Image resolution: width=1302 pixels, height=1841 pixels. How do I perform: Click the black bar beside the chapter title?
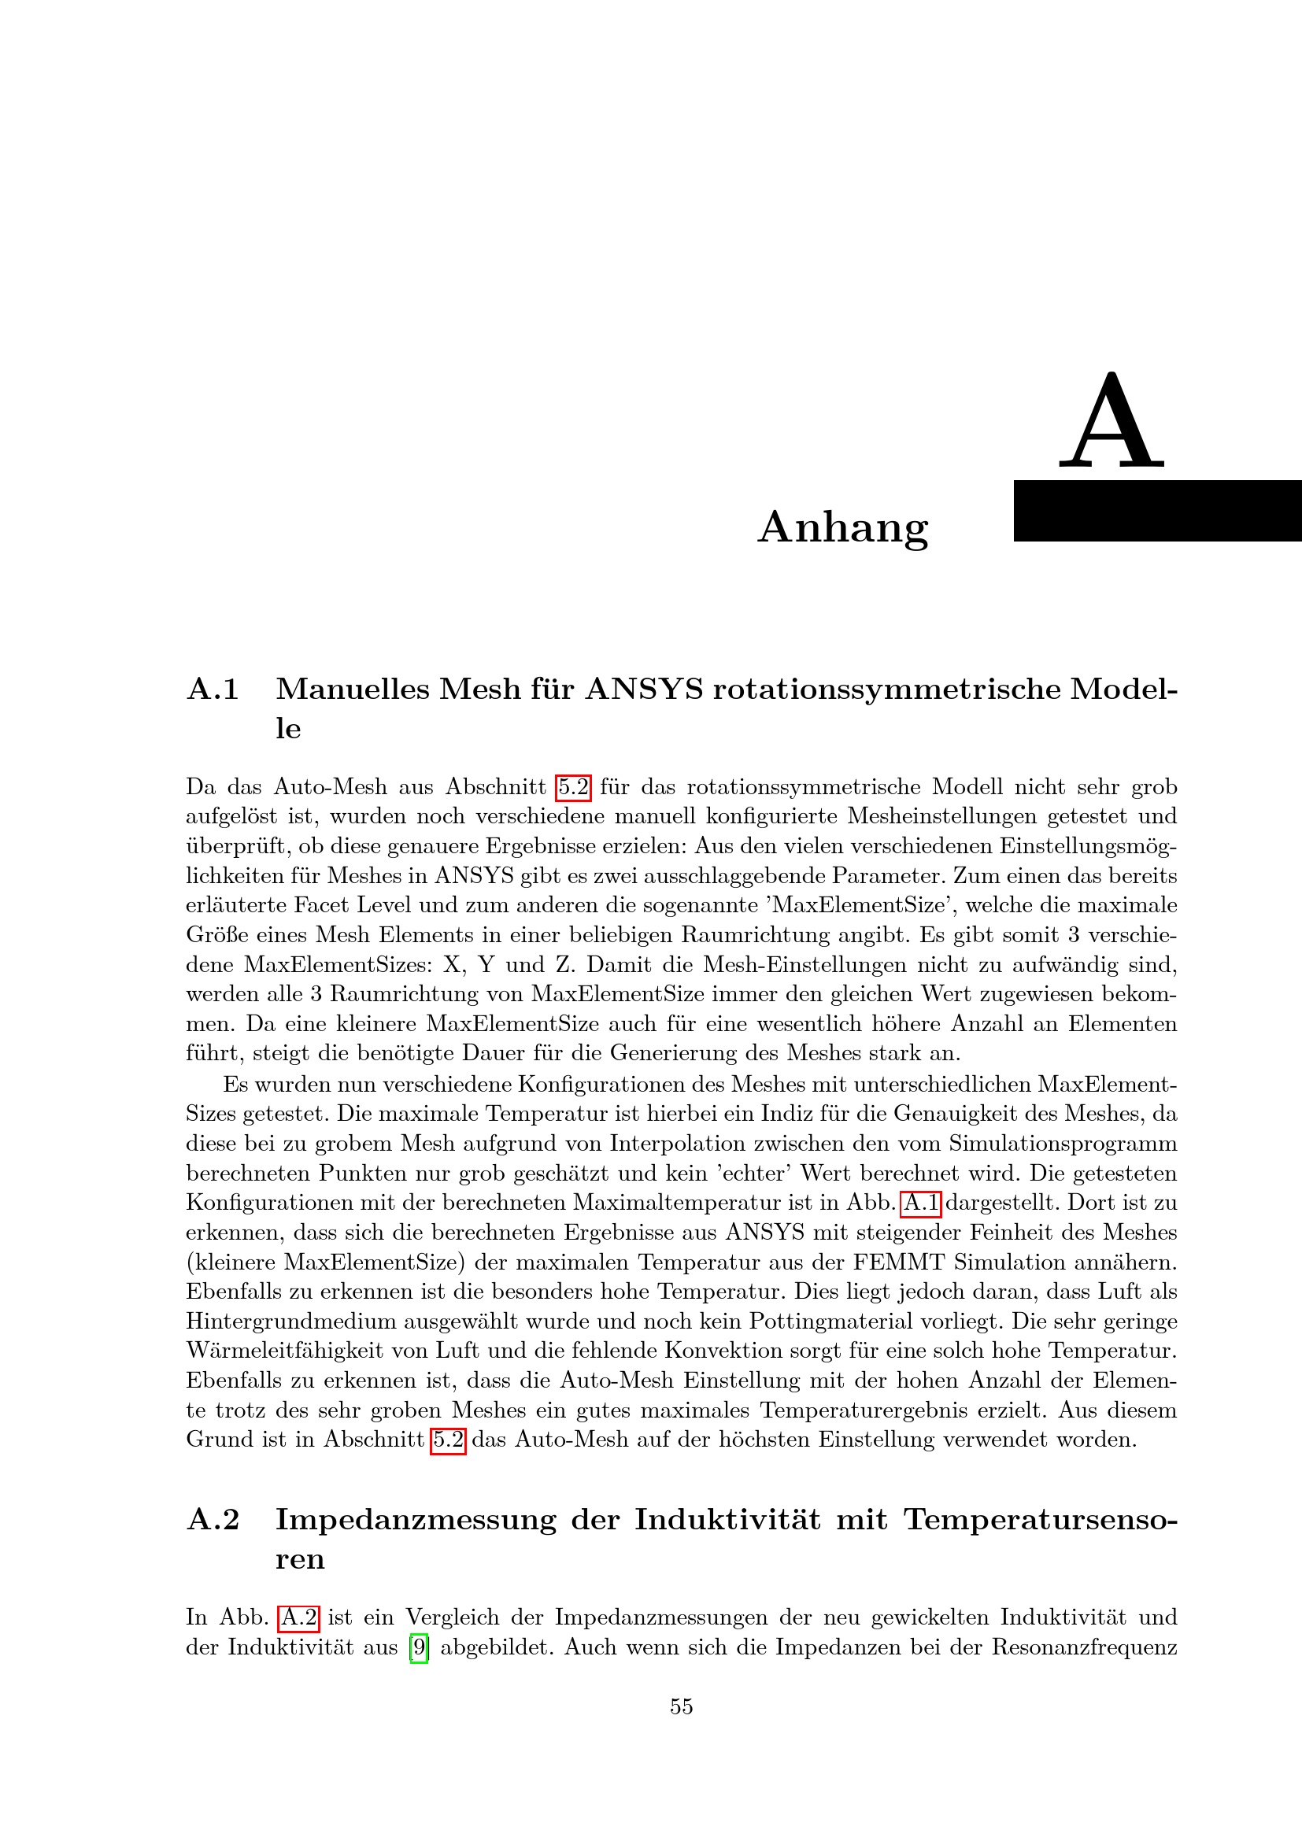click(x=1157, y=511)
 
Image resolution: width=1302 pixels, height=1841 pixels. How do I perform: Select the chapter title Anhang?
click(x=842, y=527)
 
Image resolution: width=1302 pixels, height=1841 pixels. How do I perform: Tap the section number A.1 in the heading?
click(x=213, y=689)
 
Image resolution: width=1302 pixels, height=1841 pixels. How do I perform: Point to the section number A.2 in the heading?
click(x=213, y=1519)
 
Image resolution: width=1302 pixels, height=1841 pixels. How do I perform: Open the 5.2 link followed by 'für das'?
click(x=573, y=786)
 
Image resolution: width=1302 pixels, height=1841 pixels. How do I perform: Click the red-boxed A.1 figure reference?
click(x=921, y=1203)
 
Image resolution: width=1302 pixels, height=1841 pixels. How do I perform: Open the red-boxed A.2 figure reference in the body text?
click(x=299, y=1617)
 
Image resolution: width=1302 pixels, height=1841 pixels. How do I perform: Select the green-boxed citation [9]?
click(x=419, y=1647)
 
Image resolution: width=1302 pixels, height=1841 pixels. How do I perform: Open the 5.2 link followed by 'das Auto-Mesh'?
click(x=448, y=1440)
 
